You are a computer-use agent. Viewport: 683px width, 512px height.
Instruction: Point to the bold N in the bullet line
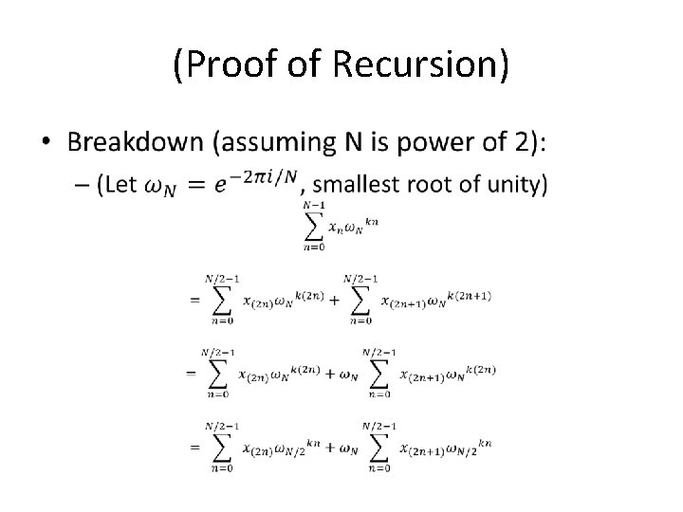coord(352,143)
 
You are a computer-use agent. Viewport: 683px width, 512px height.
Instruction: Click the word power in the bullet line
coord(438,143)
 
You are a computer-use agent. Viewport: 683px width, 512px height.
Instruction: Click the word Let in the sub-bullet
coord(121,186)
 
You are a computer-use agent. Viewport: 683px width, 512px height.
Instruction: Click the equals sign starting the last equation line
coord(194,447)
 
